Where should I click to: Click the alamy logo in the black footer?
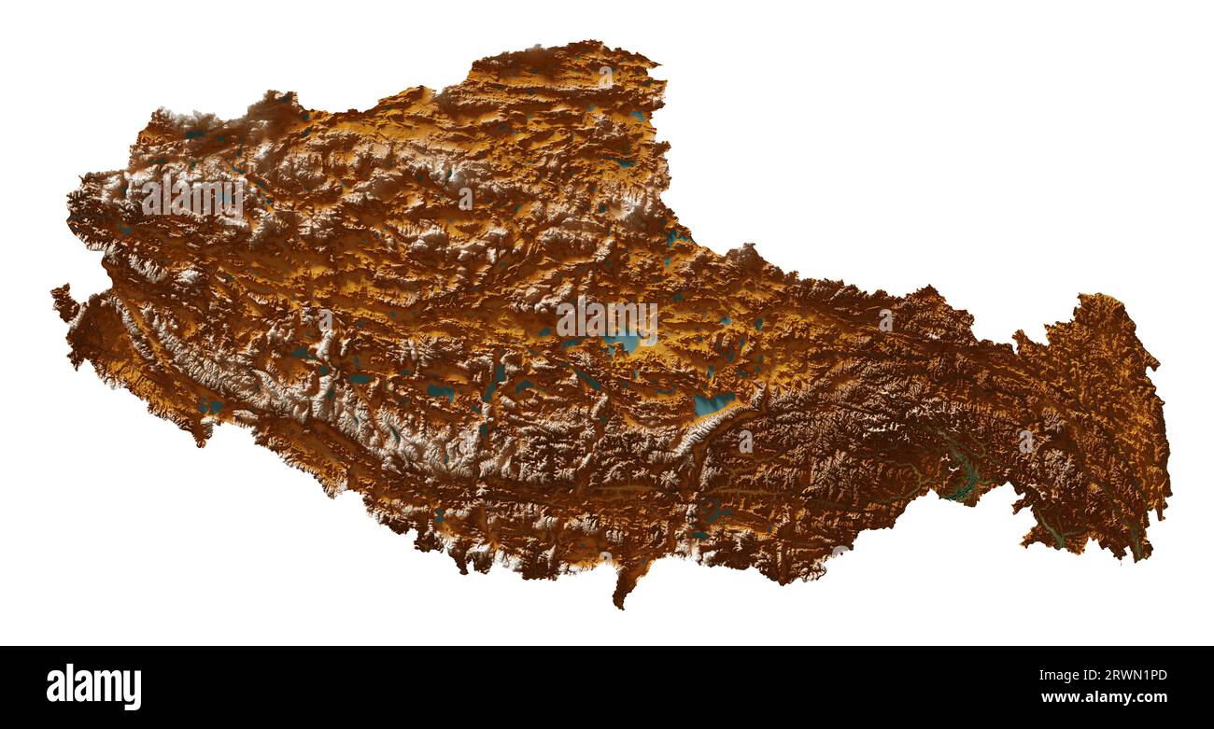click(93, 687)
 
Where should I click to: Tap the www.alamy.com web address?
click(1104, 697)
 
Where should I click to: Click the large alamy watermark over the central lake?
click(606, 319)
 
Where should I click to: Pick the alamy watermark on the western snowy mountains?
click(192, 197)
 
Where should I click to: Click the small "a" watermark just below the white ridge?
click(744, 441)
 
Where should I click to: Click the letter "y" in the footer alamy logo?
click(134, 691)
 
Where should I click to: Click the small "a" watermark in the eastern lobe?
click(1025, 441)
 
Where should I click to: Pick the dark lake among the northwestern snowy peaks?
click(195, 134)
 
